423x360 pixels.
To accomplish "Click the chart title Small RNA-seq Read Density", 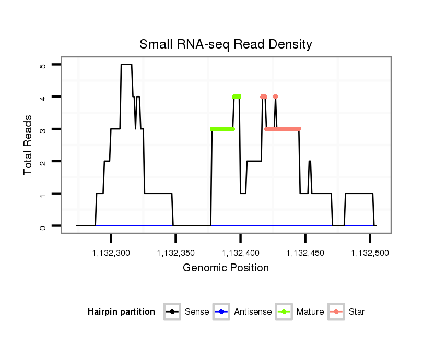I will click(x=226, y=44).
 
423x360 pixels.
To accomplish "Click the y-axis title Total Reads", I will click(x=29, y=145).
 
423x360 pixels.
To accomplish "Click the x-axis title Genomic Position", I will click(x=226, y=268).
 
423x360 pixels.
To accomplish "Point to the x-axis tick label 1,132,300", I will click(x=111, y=253).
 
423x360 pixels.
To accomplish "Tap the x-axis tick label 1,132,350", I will click(x=176, y=253).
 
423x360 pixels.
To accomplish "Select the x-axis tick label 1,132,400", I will click(x=241, y=253).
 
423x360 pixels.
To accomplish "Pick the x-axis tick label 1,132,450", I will click(x=305, y=253).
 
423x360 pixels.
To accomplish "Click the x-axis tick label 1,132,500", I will click(x=370, y=253).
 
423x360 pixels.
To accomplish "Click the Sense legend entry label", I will click(x=197, y=312).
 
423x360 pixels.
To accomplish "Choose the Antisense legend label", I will click(x=253, y=312).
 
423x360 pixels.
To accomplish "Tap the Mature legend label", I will click(x=310, y=312).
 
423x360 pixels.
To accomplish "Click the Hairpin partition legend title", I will click(x=121, y=312).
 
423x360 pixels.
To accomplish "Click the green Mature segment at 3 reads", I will click(x=222, y=129).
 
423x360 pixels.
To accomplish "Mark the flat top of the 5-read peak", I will click(x=126, y=65).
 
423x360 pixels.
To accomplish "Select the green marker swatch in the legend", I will click(x=285, y=312).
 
